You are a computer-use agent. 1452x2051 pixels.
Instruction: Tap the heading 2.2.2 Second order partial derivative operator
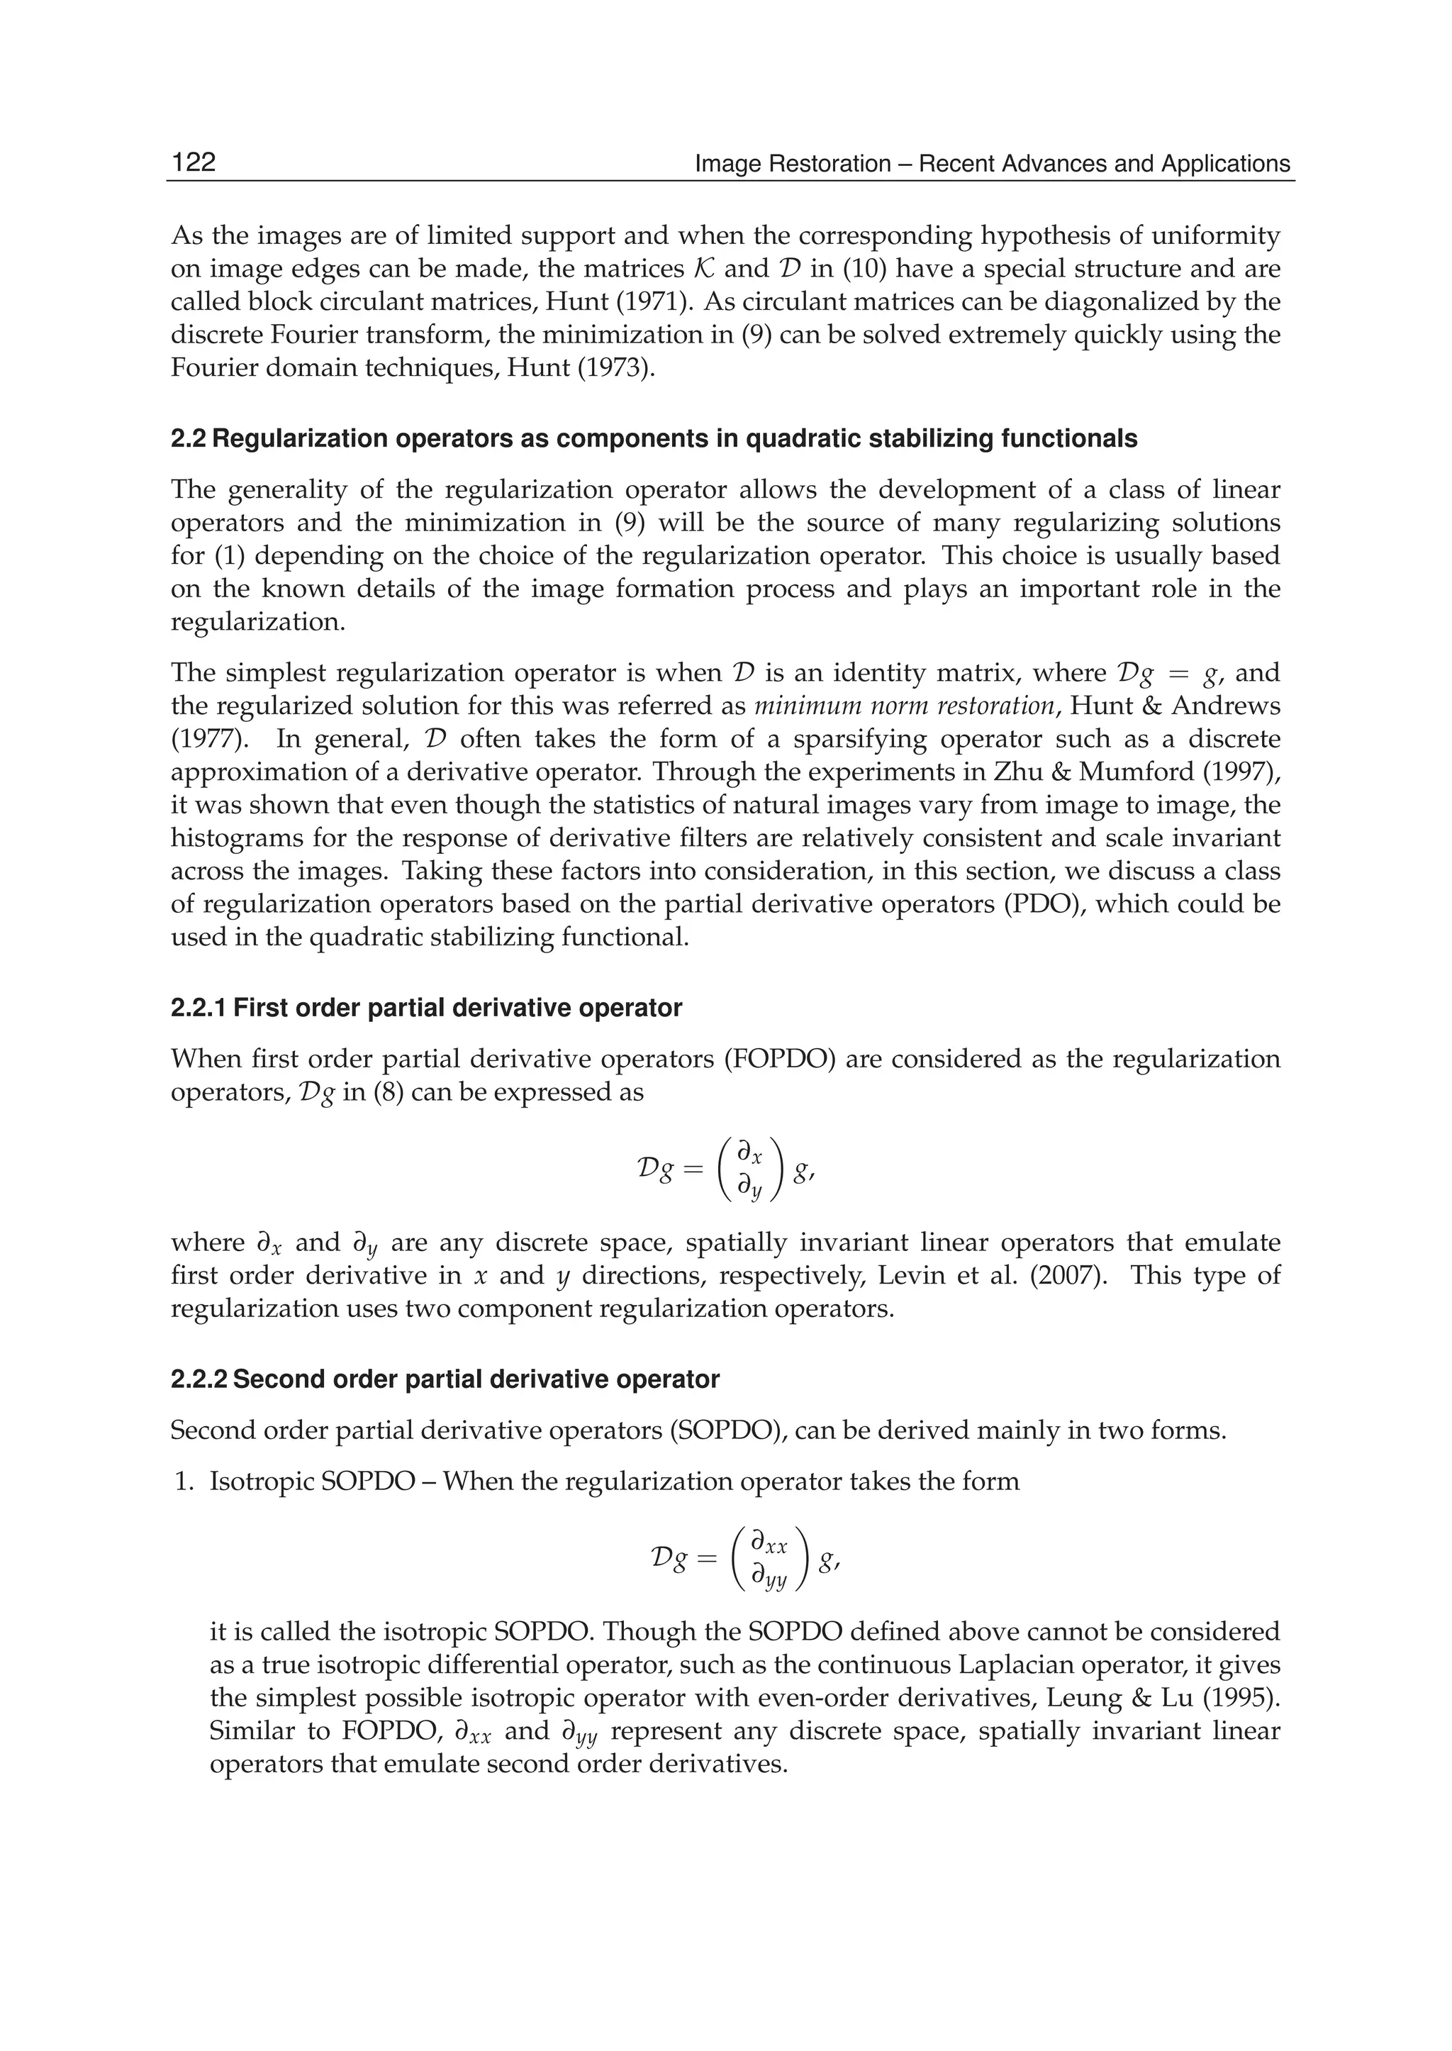click(x=445, y=1379)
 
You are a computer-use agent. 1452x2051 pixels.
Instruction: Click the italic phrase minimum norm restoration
click(x=905, y=706)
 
